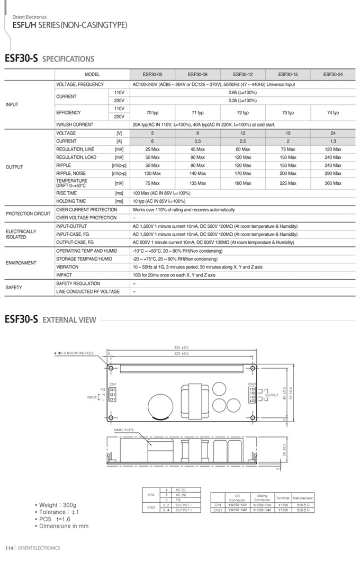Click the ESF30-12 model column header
(x=242, y=75)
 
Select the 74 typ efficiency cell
(x=333, y=112)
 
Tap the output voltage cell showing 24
(x=333, y=133)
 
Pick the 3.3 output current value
(x=197, y=141)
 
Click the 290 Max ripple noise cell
(x=333, y=173)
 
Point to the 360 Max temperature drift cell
(x=333, y=183)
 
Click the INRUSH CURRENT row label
(x=75, y=124)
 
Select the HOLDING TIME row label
(x=71, y=201)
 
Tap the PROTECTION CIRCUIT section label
(x=28, y=213)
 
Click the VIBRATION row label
(x=67, y=267)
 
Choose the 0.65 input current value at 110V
(x=242, y=92)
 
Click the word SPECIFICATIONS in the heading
(x=68, y=59)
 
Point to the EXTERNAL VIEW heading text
(x=69, y=320)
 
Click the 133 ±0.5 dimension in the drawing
(x=181, y=347)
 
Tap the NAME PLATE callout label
(x=124, y=430)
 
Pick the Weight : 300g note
(x=56, y=505)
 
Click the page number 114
(x=8, y=548)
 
